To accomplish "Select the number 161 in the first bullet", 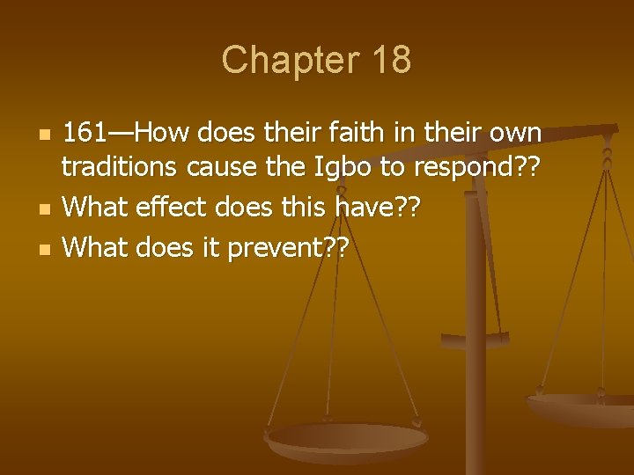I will [85, 134].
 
